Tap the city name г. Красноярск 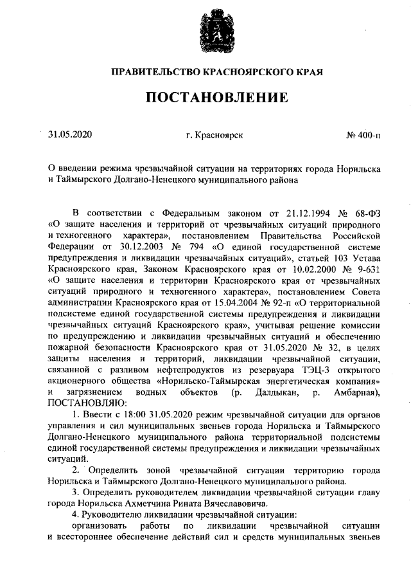214,136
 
